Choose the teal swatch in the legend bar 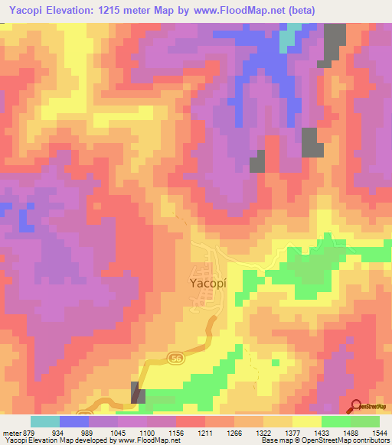pos(45,421)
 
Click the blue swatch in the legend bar pos(74,421)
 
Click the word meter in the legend pos(11,432)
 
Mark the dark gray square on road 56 pos(138,392)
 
